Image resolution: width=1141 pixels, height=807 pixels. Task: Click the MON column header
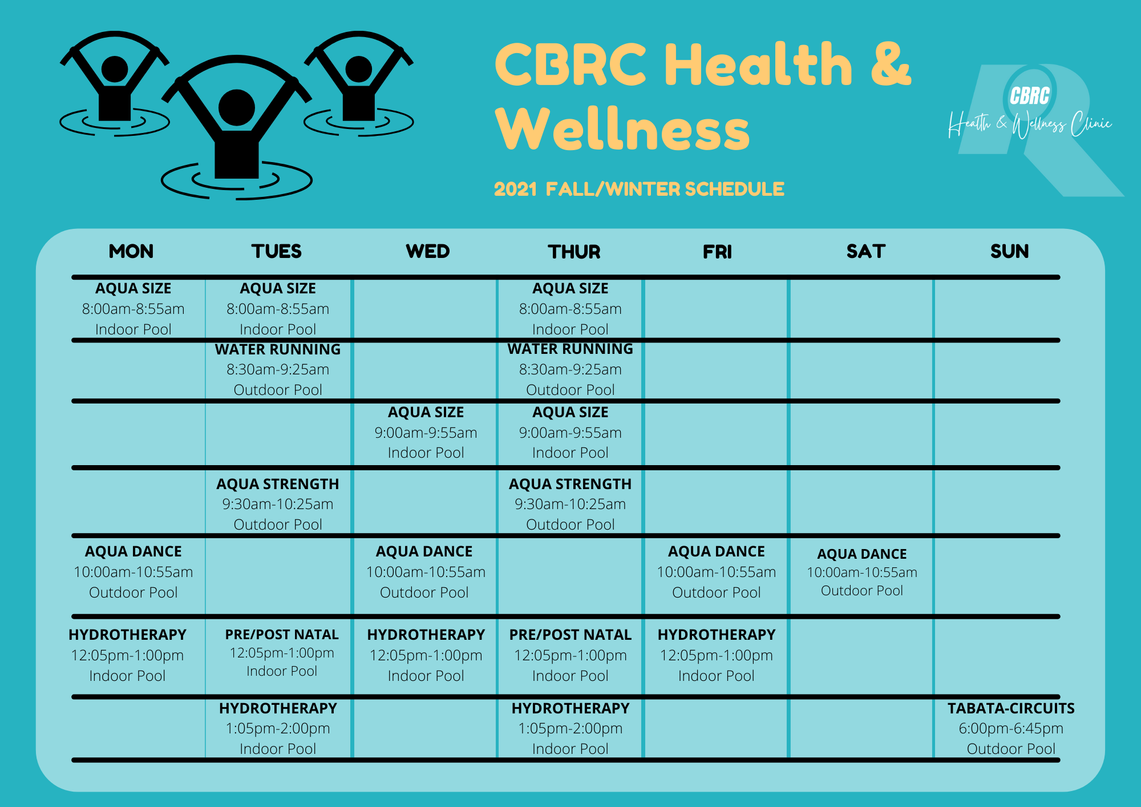pyautogui.click(x=131, y=251)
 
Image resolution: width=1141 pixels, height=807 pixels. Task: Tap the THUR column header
pyautogui.click(x=574, y=252)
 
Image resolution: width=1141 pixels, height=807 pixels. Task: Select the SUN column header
pyautogui.click(x=1009, y=251)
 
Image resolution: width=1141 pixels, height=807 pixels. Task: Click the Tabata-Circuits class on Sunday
pyautogui.click(x=1011, y=728)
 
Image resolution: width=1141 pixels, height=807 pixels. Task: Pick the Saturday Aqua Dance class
pyautogui.click(x=861, y=572)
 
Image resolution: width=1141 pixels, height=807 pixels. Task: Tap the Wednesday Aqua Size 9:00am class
pyautogui.click(x=426, y=432)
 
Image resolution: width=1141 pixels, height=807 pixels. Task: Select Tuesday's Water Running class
pyautogui.click(x=278, y=369)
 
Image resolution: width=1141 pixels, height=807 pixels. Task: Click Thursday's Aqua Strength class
pyautogui.click(x=570, y=504)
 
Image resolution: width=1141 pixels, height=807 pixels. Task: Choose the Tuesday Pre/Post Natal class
pyautogui.click(x=282, y=653)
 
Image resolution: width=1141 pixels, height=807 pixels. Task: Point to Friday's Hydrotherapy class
pyautogui.click(x=717, y=655)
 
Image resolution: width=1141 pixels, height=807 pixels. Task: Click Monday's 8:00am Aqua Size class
pyautogui.click(x=133, y=309)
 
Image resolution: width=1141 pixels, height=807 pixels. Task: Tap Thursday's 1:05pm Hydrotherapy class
pyautogui.click(x=570, y=728)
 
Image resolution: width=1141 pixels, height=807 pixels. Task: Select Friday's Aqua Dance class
pyautogui.click(x=717, y=572)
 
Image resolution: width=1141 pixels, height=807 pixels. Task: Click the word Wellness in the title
pyautogui.click(x=622, y=130)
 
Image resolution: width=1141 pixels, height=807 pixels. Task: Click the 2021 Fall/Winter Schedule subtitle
pyautogui.click(x=639, y=189)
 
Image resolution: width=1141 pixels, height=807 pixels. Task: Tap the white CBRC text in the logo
pyautogui.click(x=1029, y=96)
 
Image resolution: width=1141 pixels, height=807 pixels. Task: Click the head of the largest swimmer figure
pyautogui.click(x=236, y=107)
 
